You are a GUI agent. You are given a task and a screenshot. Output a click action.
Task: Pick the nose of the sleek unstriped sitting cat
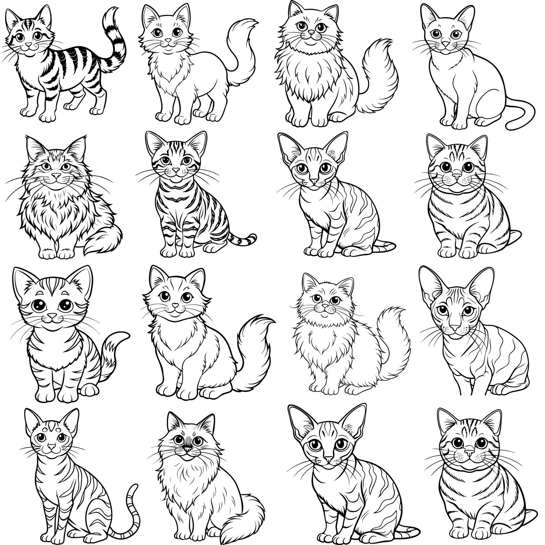pos(445,44)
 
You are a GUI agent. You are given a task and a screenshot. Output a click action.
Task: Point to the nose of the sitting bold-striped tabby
pos(175,170)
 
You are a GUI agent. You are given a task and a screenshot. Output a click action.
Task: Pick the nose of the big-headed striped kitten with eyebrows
pos(52,315)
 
